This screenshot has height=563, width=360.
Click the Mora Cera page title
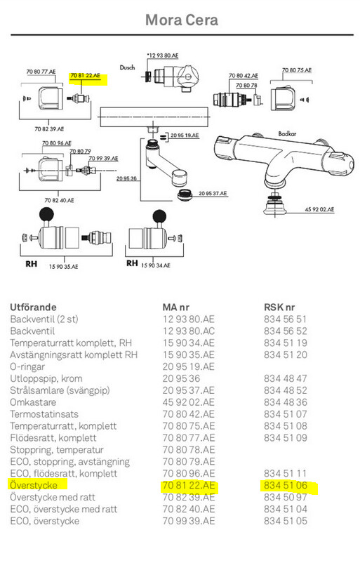click(182, 20)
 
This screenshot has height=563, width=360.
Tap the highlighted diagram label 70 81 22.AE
click(85, 75)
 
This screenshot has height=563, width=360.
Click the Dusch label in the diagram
click(128, 67)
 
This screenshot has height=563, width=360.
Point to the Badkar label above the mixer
click(287, 133)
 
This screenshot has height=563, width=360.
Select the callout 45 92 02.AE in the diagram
click(319, 209)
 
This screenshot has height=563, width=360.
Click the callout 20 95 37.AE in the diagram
click(213, 193)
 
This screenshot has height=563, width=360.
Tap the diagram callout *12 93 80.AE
click(163, 55)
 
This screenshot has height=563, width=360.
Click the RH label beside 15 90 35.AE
click(31, 264)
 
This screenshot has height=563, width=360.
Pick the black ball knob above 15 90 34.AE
click(160, 216)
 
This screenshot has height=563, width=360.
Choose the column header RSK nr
click(279, 307)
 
